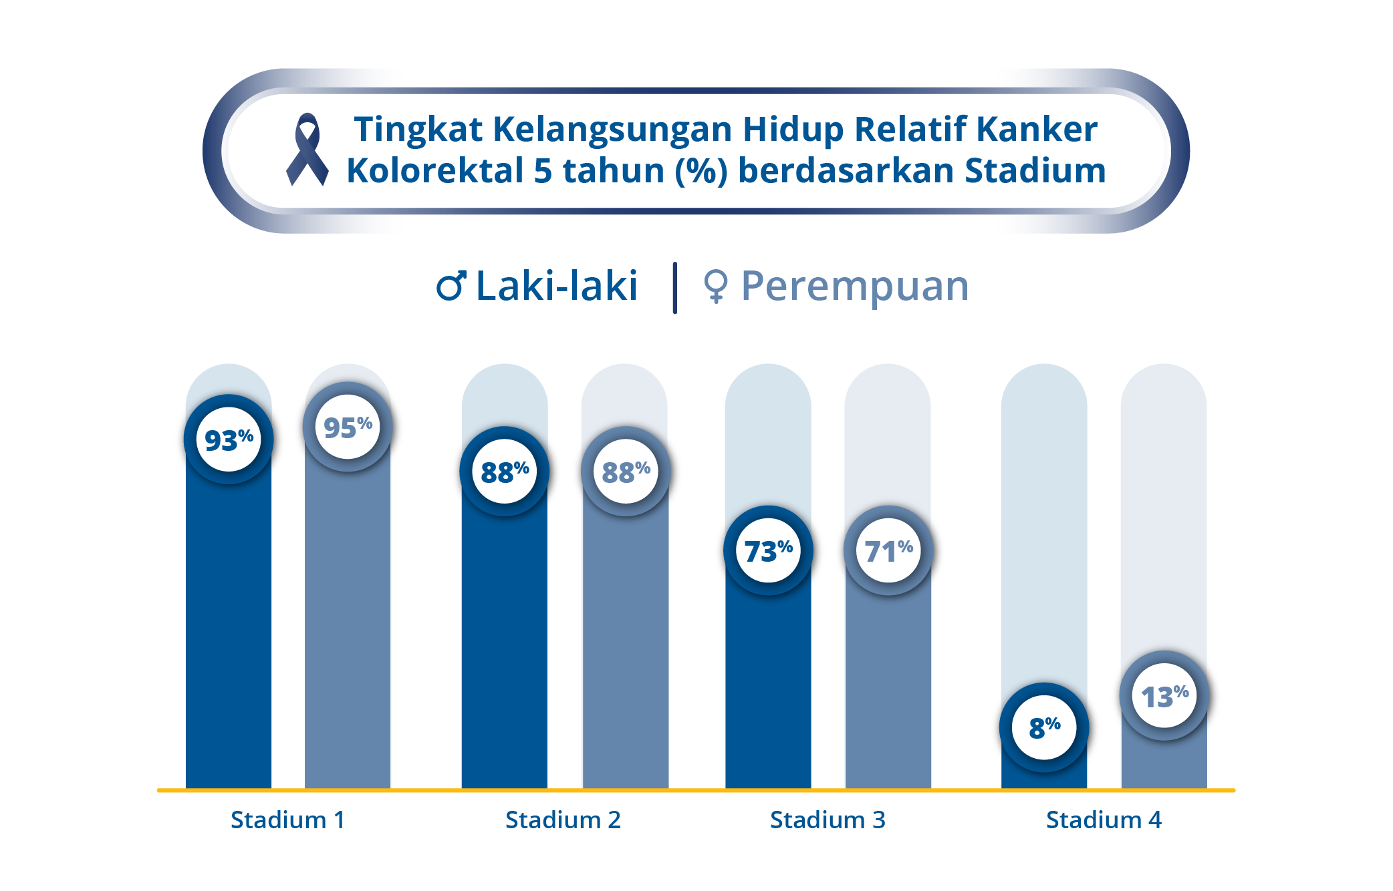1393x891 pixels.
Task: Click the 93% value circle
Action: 229,439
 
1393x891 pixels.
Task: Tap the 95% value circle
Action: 348,427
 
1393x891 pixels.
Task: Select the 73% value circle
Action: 769,550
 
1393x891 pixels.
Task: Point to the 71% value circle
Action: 888,550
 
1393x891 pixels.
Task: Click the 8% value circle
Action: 1044,727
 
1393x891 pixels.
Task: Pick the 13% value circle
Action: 1164,695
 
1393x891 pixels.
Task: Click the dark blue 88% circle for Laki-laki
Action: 505,472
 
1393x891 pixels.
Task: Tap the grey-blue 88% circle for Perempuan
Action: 626,472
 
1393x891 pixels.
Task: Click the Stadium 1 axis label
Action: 288,820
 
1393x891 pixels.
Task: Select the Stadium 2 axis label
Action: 563,820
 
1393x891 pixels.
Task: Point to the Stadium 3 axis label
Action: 828,820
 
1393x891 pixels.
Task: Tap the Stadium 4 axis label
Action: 1104,820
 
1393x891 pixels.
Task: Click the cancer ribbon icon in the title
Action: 307,149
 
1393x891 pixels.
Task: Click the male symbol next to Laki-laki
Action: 451,286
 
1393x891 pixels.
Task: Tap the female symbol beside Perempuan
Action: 715,287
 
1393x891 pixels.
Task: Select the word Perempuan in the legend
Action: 855,287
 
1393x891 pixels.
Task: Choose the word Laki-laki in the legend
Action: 557,286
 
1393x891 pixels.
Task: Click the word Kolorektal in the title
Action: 434,170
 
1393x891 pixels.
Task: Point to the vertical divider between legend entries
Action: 675,288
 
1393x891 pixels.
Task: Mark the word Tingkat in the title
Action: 418,130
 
